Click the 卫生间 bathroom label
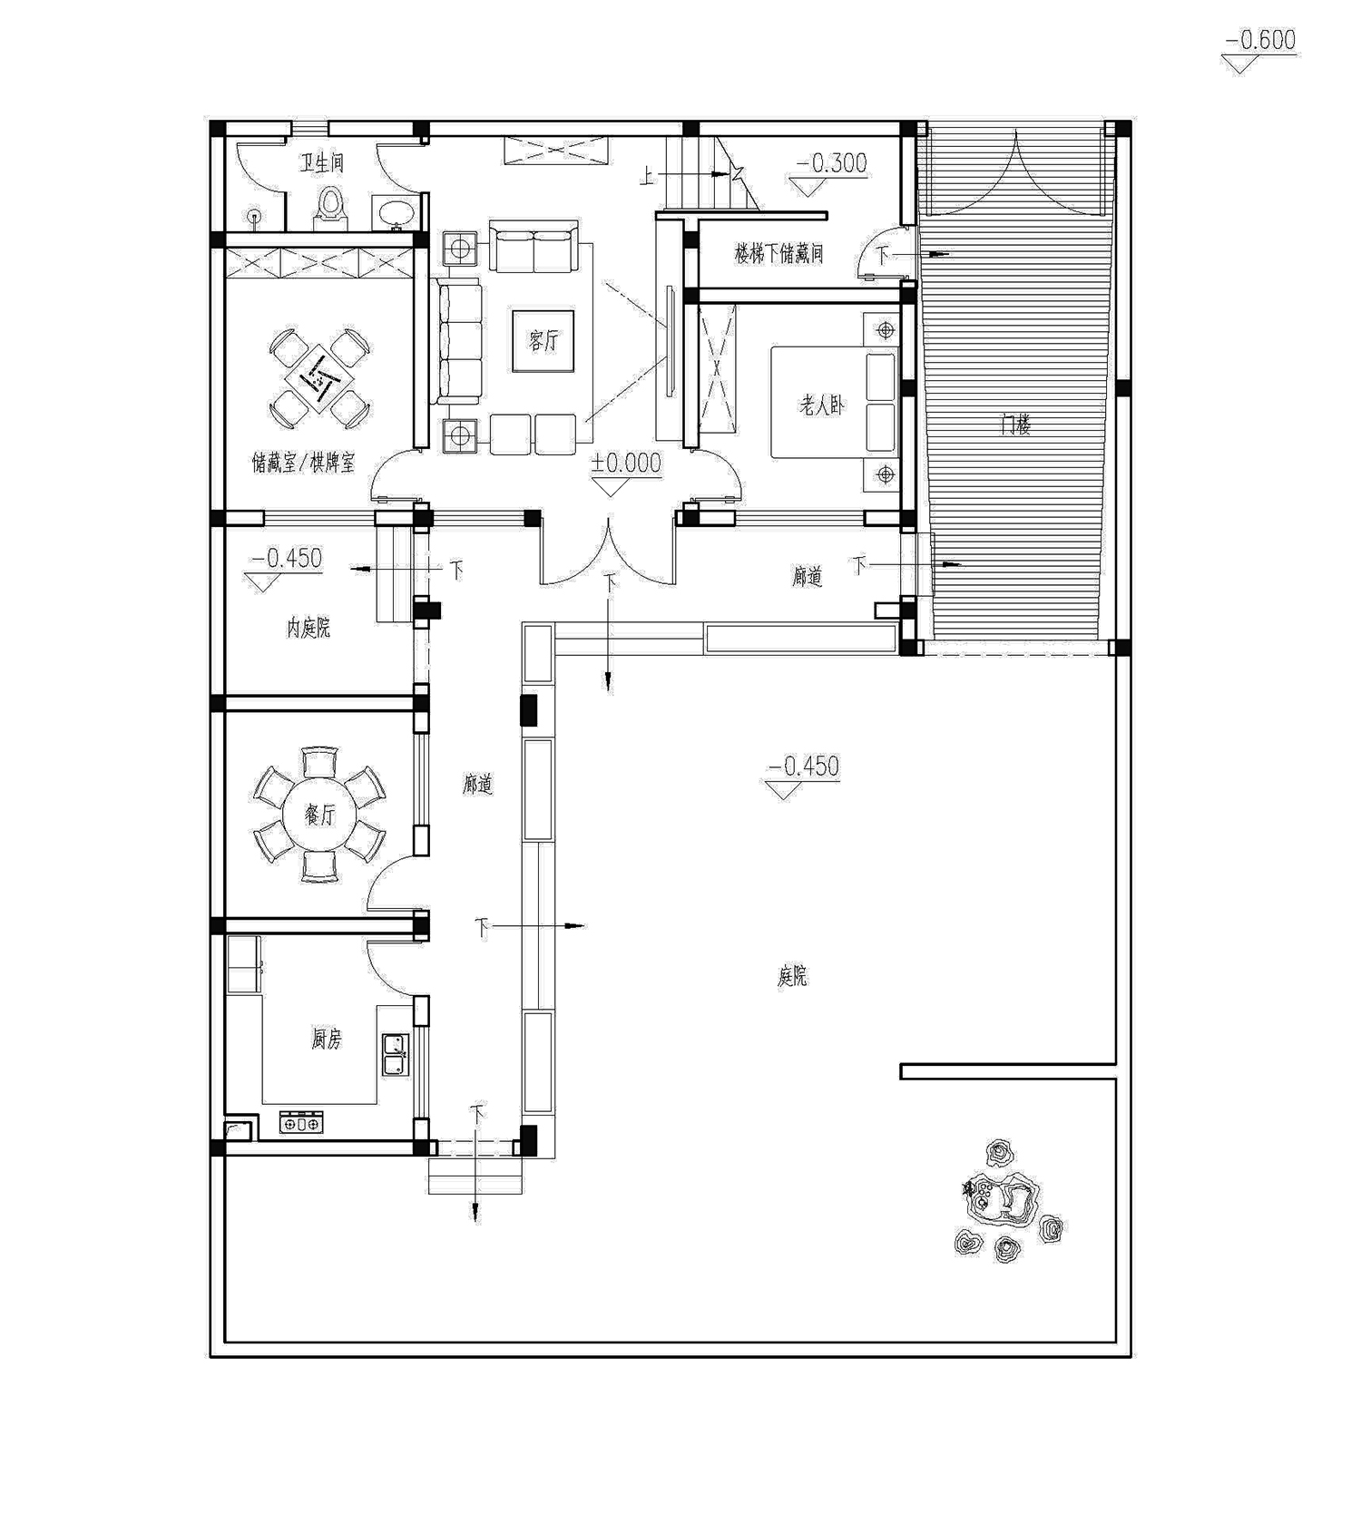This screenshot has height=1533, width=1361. [323, 163]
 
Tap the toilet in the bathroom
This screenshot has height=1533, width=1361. [330, 209]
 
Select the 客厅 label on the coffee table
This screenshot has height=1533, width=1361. [543, 341]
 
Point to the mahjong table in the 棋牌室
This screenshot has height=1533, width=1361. [319, 379]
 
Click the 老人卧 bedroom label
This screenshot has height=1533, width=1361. [821, 405]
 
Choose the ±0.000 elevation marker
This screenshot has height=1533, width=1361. [626, 463]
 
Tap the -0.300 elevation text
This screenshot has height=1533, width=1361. [831, 163]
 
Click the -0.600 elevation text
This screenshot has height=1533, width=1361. [1260, 40]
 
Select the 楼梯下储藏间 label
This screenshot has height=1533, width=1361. [778, 253]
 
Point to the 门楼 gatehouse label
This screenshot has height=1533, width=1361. [1015, 424]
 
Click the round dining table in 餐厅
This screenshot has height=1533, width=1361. [318, 815]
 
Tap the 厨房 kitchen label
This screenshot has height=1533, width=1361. [326, 1039]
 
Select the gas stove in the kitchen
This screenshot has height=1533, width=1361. [300, 1123]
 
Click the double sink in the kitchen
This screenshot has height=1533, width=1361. [395, 1055]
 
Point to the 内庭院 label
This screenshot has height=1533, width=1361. [308, 628]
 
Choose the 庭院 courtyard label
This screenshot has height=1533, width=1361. [792, 976]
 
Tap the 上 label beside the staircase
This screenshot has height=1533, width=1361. [647, 175]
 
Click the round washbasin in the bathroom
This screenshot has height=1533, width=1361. [396, 212]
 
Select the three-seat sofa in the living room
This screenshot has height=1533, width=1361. [459, 342]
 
